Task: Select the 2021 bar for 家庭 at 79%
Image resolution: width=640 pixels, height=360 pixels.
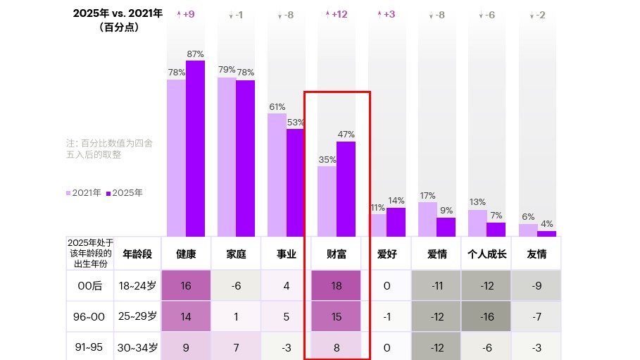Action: click(x=227, y=156)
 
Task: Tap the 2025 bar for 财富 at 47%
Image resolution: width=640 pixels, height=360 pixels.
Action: click(x=346, y=188)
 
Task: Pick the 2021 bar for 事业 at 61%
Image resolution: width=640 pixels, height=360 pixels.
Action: click(x=277, y=174)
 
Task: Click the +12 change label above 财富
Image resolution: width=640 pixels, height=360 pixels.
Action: click(x=336, y=14)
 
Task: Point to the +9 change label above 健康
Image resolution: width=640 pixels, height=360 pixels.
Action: click(x=186, y=14)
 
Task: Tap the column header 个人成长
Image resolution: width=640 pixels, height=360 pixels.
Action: click(x=487, y=254)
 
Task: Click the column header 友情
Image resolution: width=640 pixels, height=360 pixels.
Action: click(x=537, y=254)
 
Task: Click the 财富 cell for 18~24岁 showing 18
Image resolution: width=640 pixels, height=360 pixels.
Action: click(x=336, y=286)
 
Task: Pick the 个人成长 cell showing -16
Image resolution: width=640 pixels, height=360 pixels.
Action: click(x=487, y=317)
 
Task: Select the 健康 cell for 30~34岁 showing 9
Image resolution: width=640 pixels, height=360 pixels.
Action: click(x=186, y=347)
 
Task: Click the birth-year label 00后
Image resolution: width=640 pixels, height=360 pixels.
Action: click(x=89, y=286)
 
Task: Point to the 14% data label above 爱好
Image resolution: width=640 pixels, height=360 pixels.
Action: click(x=396, y=201)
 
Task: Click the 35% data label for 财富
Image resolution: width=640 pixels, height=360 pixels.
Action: click(x=327, y=160)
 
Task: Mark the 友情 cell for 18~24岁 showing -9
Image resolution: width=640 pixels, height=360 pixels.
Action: click(x=537, y=286)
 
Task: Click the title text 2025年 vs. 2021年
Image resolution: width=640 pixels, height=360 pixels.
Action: click(x=118, y=13)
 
